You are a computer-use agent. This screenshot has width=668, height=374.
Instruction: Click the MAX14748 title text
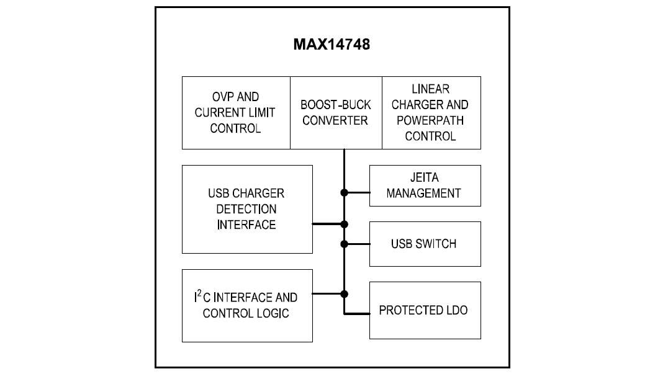pyautogui.click(x=332, y=45)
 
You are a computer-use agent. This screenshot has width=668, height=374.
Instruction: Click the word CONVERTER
pyautogui.click(x=335, y=120)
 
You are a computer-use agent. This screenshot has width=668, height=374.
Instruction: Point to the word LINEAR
pyautogui.click(x=430, y=89)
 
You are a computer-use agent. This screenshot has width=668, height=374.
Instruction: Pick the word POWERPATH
pyautogui.click(x=430, y=120)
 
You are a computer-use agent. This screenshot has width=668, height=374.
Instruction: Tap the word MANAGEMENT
pyautogui.click(x=424, y=193)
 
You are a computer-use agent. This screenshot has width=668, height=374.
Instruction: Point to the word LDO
pyautogui.click(x=456, y=310)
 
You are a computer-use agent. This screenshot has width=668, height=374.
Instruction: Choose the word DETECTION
pyautogui.click(x=246, y=209)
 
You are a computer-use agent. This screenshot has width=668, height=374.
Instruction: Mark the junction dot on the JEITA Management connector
pyautogui.click(x=344, y=192)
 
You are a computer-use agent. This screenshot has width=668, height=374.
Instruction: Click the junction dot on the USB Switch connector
pyautogui.click(x=344, y=244)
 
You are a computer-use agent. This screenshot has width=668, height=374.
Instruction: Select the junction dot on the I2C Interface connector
pyautogui.click(x=344, y=293)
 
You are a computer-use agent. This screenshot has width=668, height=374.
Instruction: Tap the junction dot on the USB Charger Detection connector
pyautogui.click(x=344, y=224)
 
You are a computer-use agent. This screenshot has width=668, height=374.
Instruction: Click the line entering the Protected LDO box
pyautogui.click(x=357, y=314)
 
